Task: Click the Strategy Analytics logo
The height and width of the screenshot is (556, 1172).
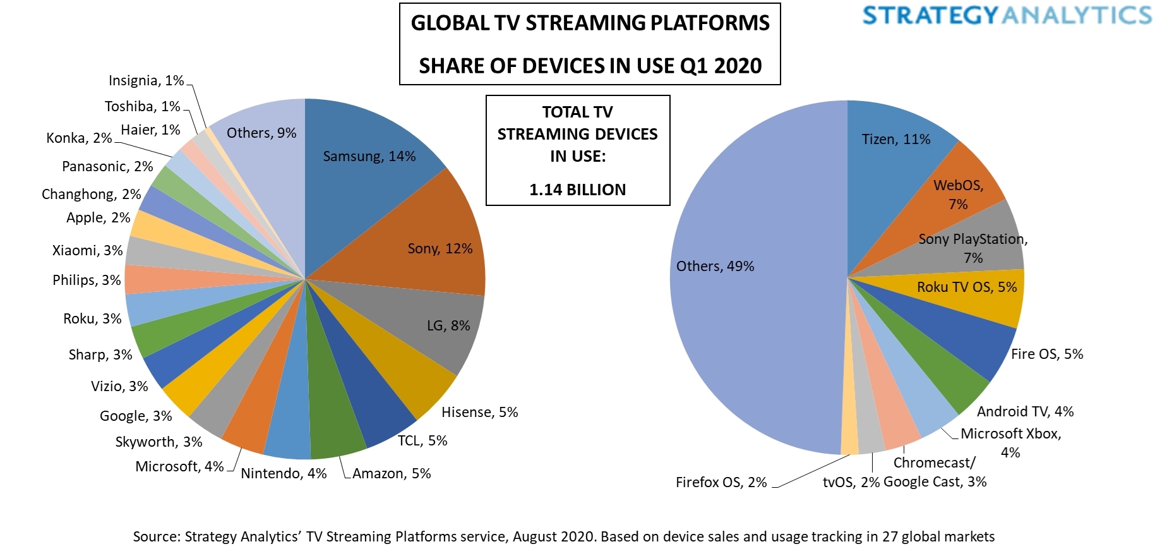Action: tap(1007, 15)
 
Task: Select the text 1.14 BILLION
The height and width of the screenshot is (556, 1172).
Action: tap(577, 190)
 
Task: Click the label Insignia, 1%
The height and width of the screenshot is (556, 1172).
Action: tap(146, 80)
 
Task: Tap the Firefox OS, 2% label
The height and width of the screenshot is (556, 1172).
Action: tap(721, 482)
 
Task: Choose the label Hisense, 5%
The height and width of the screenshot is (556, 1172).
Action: tap(479, 412)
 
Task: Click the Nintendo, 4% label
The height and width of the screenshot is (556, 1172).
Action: tap(284, 473)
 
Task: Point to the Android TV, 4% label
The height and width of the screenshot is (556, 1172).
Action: tap(1025, 411)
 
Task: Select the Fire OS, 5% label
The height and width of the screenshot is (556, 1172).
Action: tap(1046, 354)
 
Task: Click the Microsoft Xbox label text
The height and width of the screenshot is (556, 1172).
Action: tap(1010, 433)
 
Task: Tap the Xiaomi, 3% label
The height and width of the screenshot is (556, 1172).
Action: tap(87, 250)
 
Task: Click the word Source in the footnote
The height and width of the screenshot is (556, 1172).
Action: tap(156, 536)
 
